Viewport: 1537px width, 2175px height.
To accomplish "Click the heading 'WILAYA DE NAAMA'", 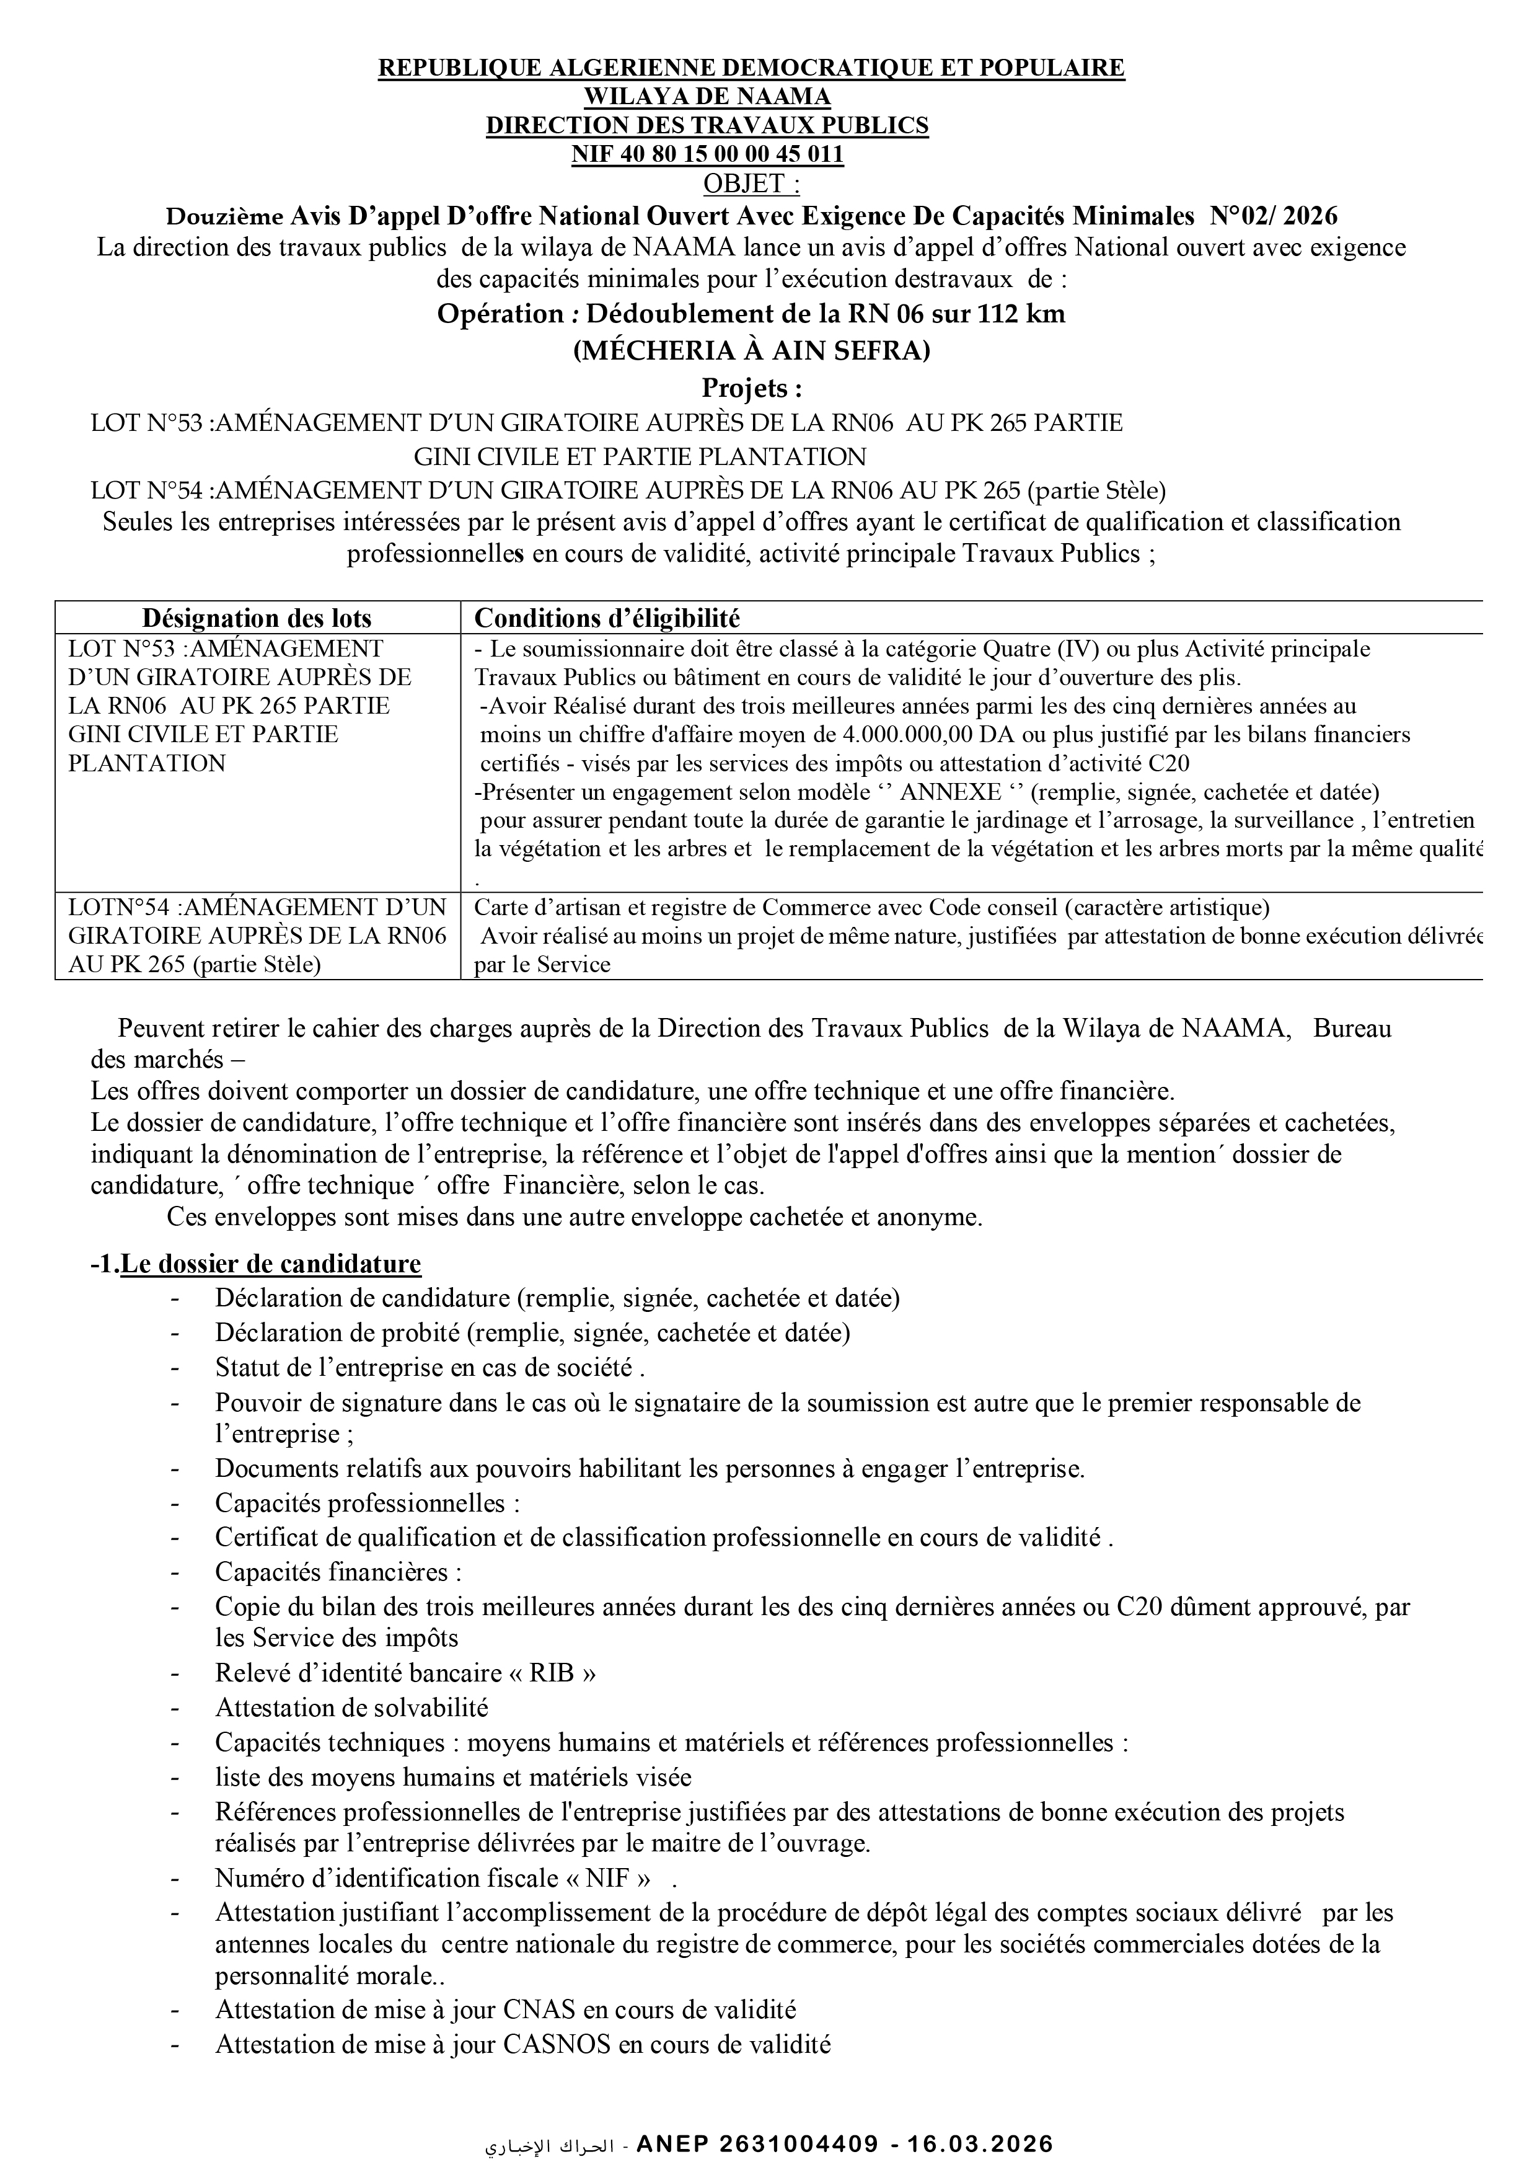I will pyautogui.click(x=707, y=95).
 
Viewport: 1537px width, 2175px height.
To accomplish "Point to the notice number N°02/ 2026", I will pyautogui.click(x=1274, y=216).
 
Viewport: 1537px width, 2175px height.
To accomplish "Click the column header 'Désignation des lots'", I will pyautogui.click(x=257, y=619).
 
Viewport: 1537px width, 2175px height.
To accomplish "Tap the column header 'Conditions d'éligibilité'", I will pyautogui.click(x=606, y=619).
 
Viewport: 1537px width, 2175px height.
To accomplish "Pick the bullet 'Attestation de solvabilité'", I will pyautogui.click(x=351, y=1708).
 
